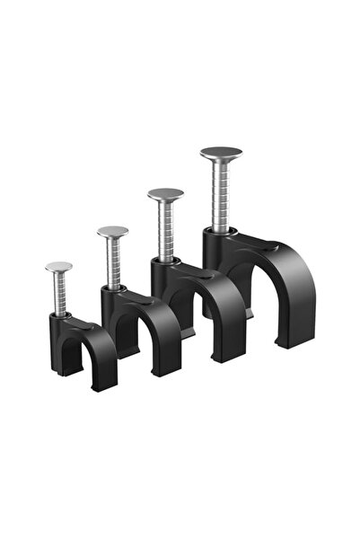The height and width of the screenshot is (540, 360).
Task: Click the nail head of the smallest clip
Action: [59, 266]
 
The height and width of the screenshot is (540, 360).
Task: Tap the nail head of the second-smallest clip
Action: [112, 232]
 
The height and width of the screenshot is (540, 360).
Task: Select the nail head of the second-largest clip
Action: [165, 194]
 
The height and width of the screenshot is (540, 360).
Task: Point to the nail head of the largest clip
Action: [221, 154]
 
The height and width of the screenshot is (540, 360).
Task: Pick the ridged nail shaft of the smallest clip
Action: [60, 293]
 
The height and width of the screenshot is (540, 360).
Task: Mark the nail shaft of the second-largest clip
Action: [166, 230]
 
